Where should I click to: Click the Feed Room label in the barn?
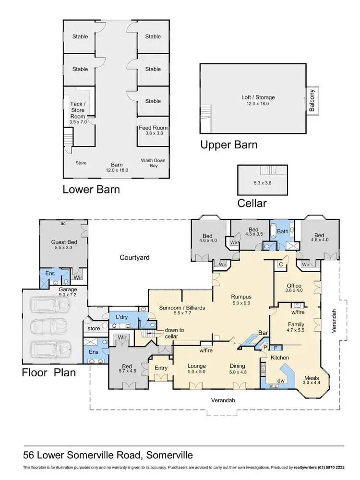(153, 128)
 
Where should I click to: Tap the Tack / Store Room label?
(78, 110)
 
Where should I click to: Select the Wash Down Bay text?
(153, 163)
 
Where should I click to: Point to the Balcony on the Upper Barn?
(312, 100)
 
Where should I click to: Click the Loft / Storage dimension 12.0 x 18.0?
(258, 104)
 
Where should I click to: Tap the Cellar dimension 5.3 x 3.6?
(263, 183)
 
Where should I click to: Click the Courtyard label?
(134, 257)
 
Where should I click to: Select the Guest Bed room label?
(64, 242)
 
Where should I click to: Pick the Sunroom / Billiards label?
(182, 308)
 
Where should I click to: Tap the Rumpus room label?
(241, 297)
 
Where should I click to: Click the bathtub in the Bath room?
(273, 232)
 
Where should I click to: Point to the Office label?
(294, 286)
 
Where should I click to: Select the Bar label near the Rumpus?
(263, 333)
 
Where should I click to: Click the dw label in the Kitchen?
(281, 381)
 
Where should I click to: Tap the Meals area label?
(312, 378)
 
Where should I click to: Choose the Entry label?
(161, 368)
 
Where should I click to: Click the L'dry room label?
(122, 317)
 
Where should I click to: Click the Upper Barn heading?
(229, 145)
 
